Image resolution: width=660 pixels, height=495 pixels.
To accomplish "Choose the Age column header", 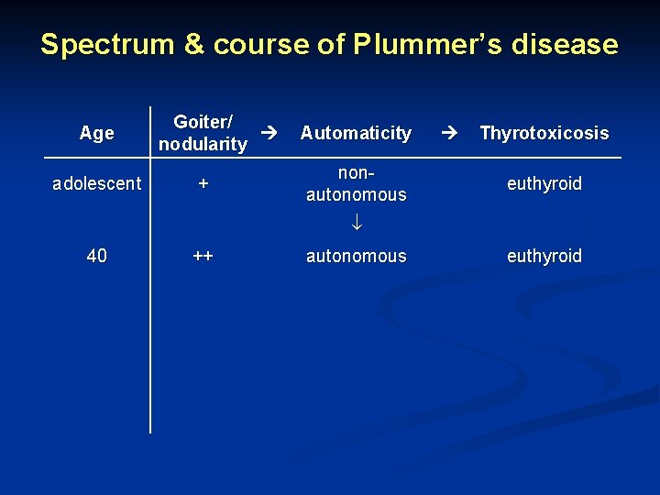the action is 96,133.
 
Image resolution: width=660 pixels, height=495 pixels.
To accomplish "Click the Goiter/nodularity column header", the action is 203,133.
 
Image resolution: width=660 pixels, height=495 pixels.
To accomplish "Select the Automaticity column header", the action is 356,133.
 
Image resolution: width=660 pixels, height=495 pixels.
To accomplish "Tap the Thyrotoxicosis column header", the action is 544,133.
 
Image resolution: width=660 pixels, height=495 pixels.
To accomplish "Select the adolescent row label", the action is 96,183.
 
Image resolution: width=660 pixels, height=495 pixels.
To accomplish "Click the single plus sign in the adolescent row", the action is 203,183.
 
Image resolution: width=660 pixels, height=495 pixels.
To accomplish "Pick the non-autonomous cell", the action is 356,183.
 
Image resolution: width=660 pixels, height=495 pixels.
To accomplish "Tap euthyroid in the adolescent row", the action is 544,183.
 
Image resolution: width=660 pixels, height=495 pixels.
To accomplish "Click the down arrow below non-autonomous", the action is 356,221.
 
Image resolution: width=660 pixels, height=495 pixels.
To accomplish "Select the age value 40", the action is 96,256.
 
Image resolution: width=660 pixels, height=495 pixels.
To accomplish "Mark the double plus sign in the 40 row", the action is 203,256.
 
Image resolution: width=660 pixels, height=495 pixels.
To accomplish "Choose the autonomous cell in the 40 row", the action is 356,256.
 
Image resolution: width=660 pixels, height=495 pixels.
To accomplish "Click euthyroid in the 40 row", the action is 544,256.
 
